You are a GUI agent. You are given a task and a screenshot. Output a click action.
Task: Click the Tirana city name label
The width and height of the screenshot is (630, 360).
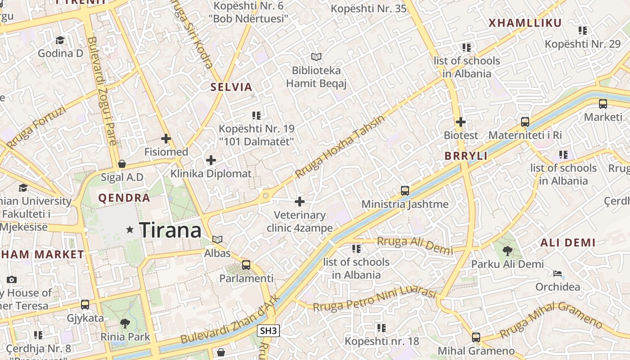170,230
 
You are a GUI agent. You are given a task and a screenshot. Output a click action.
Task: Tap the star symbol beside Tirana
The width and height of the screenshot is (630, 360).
130,230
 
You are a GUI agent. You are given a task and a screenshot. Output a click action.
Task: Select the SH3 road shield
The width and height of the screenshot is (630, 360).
268,331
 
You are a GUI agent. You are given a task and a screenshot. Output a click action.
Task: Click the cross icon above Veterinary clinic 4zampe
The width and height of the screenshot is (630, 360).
300,202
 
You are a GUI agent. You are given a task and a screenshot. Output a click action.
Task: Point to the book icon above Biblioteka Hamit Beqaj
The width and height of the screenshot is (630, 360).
316,57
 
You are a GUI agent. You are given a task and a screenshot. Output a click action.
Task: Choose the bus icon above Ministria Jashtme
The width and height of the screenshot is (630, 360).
405,191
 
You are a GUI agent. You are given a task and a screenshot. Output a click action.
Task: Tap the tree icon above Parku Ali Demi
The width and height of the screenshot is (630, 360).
508,251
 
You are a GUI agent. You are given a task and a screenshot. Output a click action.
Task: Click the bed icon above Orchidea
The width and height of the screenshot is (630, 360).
558,273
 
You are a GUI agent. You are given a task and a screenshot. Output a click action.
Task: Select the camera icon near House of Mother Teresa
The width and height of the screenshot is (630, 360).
12,279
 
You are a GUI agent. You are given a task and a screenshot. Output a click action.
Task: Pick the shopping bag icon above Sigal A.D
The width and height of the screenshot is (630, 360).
121,164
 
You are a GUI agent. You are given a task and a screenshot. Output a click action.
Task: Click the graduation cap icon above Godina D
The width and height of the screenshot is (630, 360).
60,40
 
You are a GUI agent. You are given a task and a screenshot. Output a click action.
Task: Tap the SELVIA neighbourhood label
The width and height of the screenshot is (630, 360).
231,87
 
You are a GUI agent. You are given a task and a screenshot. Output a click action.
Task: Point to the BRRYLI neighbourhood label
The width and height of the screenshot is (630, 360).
466,156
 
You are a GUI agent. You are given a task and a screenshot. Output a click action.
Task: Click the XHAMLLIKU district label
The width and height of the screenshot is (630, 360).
525,23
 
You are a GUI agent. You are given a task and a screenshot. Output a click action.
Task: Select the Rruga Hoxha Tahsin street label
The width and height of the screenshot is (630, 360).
340,147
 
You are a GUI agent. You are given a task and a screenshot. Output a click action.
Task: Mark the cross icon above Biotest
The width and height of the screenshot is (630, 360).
460,121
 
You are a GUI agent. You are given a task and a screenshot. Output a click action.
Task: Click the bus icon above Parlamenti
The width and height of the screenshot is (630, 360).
246,265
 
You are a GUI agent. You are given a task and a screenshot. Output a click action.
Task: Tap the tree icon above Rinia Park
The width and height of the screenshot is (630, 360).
125,323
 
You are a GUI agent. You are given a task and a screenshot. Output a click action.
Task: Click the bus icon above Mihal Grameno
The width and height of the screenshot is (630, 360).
476,337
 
